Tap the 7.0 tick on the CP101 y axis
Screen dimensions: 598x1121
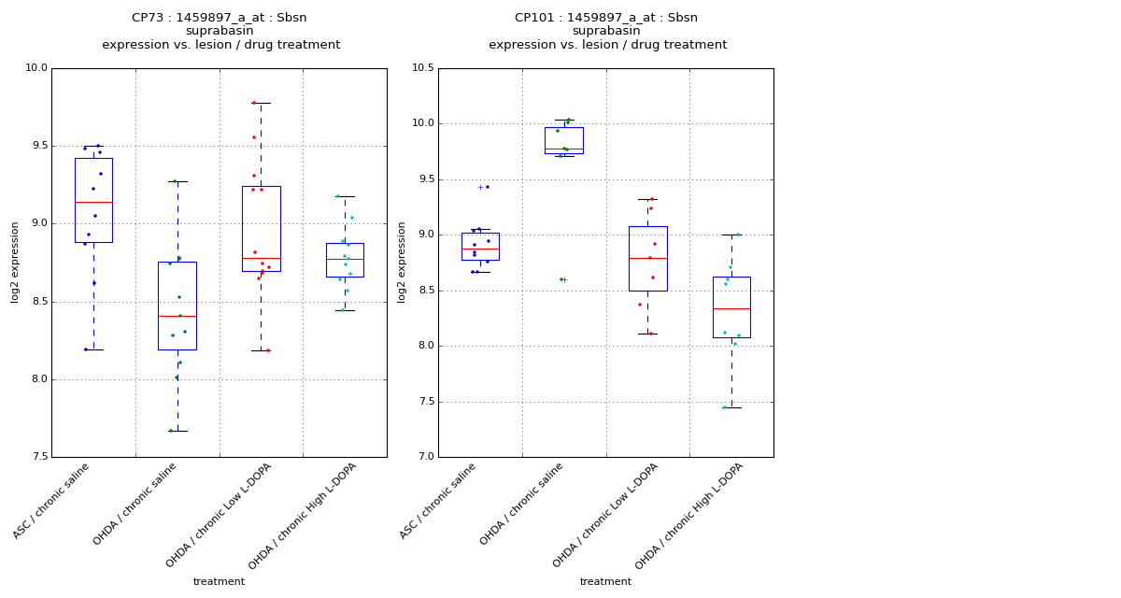(x=425, y=457)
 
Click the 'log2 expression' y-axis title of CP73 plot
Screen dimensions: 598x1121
(x=15, y=263)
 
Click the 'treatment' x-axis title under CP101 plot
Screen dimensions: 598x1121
(x=605, y=581)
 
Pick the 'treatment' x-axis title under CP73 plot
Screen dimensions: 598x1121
(x=219, y=581)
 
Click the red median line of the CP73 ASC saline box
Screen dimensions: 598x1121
(x=93, y=202)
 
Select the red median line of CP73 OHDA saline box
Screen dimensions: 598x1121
(x=177, y=316)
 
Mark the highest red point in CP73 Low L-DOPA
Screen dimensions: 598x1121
(x=253, y=103)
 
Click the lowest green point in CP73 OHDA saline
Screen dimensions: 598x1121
(x=170, y=431)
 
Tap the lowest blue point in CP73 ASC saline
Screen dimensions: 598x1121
(x=86, y=349)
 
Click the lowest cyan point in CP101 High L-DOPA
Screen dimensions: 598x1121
(x=724, y=407)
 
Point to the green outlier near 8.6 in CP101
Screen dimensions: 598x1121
(x=560, y=279)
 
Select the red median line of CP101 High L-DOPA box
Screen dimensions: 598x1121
(x=731, y=308)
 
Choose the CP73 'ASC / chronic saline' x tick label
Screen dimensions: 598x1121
(x=51, y=502)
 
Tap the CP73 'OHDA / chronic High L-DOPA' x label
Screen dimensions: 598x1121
(x=304, y=517)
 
